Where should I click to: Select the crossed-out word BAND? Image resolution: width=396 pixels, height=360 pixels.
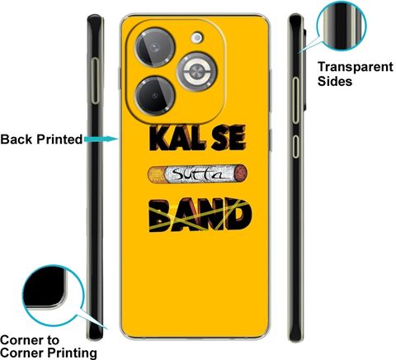[x=200, y=215]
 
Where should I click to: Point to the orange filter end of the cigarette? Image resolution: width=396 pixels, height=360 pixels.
[x=157, y=174]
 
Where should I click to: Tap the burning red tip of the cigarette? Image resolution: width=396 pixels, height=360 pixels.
[x=242, y=173]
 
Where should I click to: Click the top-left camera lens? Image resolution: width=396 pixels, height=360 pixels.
[x=155, y=47]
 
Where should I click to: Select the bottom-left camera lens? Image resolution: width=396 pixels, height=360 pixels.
[x=155, y=96]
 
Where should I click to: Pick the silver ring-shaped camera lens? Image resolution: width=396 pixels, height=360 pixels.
[x=196, y=72]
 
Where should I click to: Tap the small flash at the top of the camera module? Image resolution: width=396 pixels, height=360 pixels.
[x=197, y=37]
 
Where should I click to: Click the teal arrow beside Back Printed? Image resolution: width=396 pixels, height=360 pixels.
[x=101, y=140]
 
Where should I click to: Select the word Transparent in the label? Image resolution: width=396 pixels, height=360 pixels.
[x=356, y=67]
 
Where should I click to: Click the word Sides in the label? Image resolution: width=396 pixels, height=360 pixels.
[x=335, y=82]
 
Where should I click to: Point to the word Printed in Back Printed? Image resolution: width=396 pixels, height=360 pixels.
[x=59, y=140]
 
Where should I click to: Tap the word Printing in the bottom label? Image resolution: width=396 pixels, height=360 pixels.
[x=72, y=353]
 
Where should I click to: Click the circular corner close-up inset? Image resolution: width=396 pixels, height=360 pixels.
[x=53, y=296]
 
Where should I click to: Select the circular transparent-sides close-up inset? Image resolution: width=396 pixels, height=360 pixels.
[x=342, y=26]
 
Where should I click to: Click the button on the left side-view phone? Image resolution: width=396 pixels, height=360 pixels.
[x=95, y=81]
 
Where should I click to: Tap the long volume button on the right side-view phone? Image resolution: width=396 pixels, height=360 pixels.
[x=295, y=100]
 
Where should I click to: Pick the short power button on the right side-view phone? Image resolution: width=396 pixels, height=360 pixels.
[x=295, y=146]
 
